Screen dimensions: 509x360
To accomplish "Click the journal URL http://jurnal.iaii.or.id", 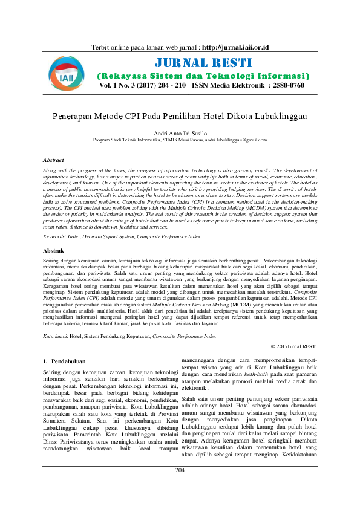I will click(236, 47).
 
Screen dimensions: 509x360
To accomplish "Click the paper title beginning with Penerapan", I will click(179, 115).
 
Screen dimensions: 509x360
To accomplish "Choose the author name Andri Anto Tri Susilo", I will click(180, 132).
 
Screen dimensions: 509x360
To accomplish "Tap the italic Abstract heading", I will click(54, 160).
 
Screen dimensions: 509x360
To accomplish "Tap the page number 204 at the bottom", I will click(180, 487).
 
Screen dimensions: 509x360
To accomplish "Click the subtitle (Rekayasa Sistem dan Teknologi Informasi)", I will click(203, 76).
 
